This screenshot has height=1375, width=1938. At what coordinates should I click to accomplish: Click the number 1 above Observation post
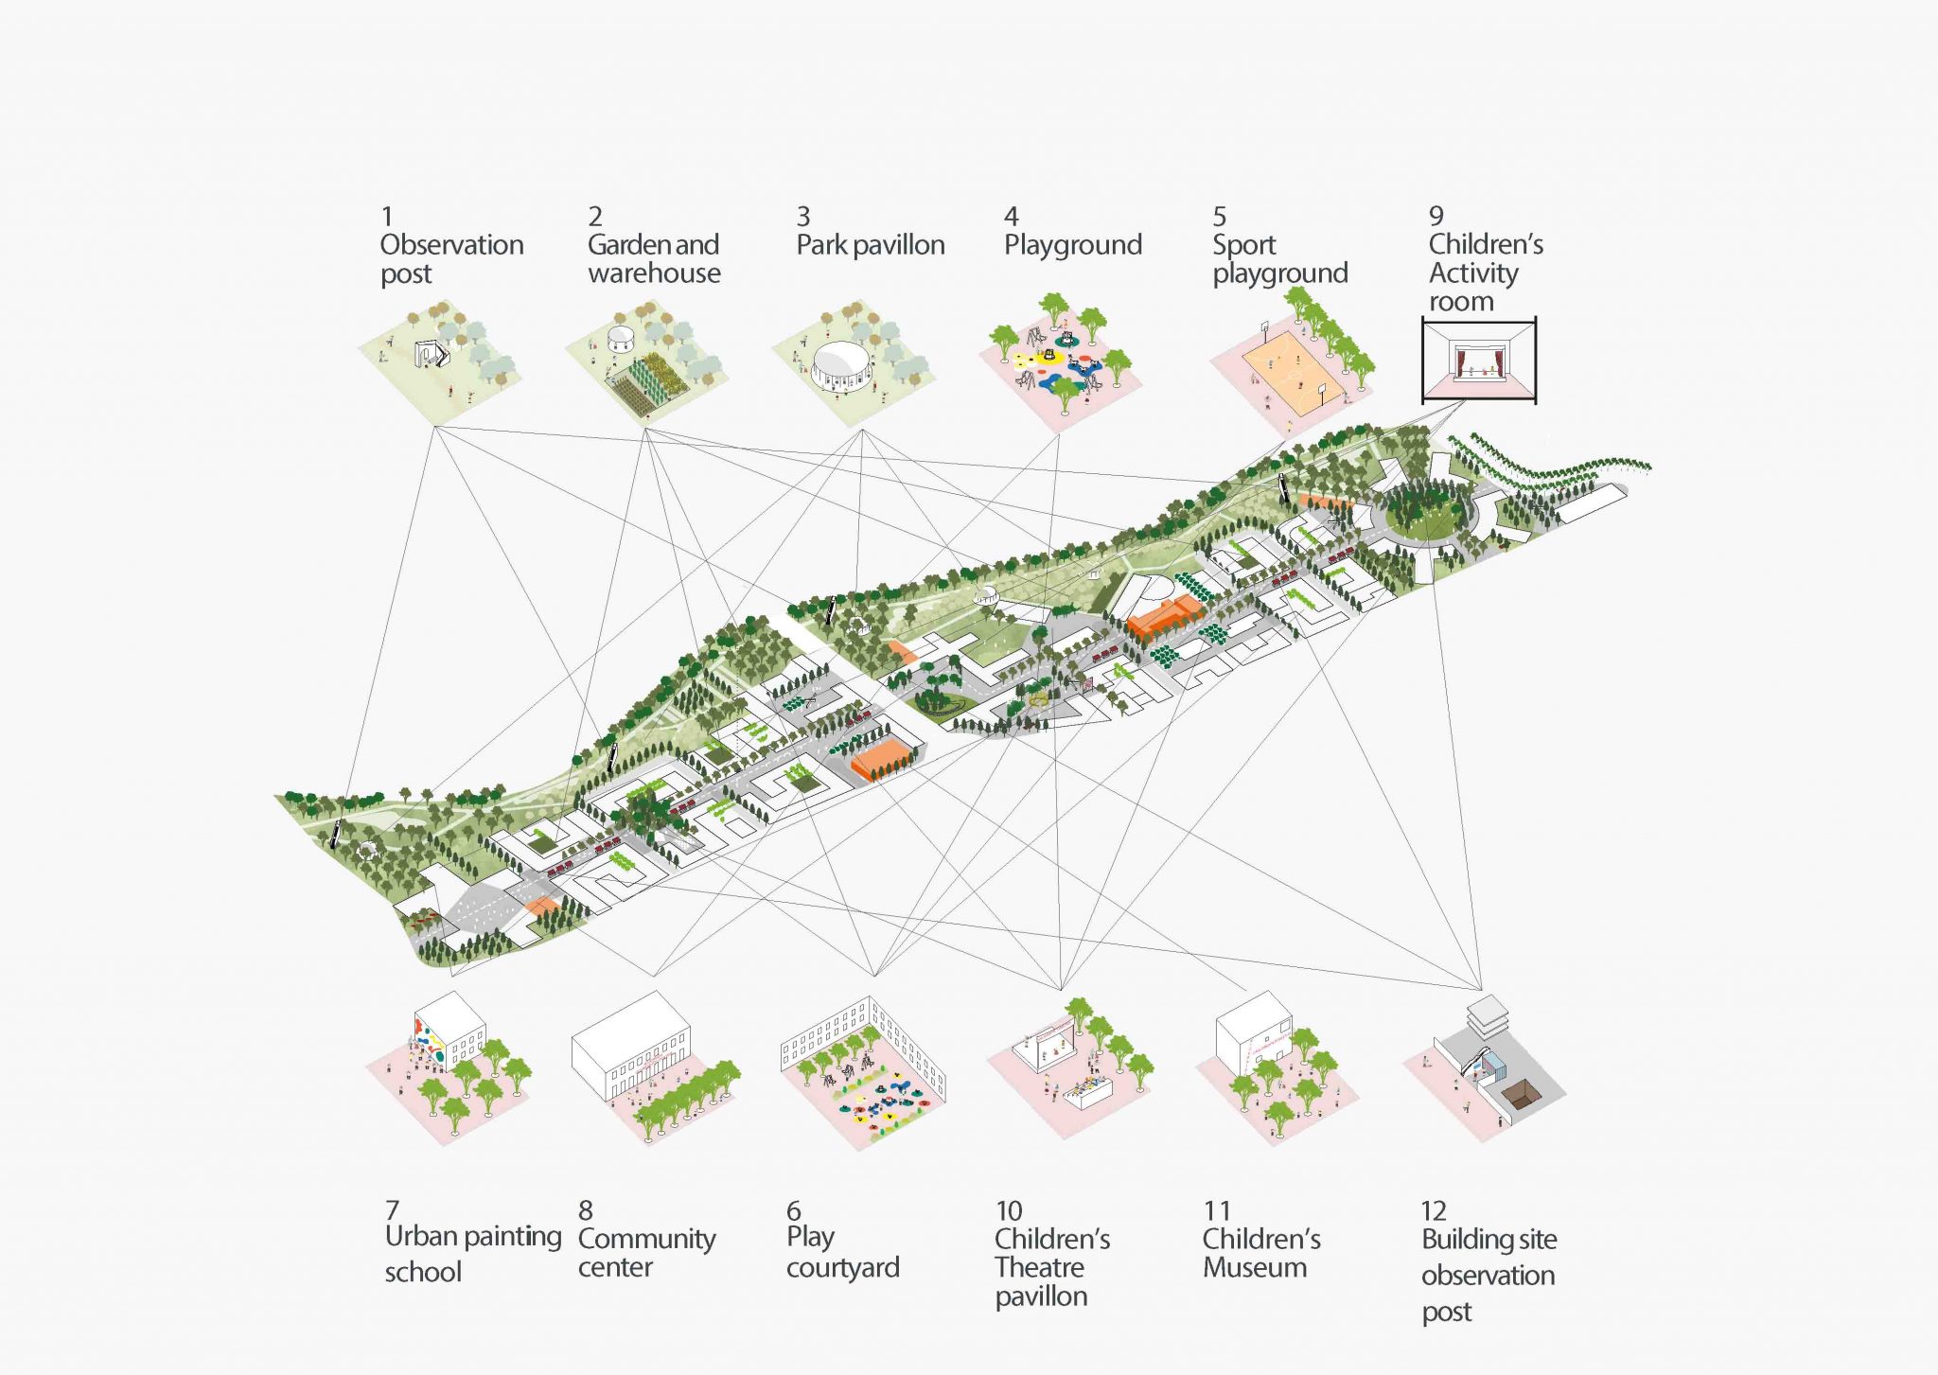(386, 217)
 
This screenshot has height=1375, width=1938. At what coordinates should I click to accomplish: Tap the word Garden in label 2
(625, 245)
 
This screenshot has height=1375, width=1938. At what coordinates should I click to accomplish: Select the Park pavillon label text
(870, 245)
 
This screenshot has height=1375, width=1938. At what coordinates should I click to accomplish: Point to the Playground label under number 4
(1072, 245)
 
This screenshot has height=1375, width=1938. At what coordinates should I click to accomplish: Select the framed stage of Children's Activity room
(1478, 361)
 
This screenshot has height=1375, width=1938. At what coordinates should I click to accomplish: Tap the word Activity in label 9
(1472, 273)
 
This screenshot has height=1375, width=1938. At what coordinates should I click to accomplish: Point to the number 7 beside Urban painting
(392, 1210)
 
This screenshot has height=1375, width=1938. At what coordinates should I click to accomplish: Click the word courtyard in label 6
(842, 1267)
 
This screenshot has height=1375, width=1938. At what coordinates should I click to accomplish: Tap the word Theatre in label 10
(1039, 1267)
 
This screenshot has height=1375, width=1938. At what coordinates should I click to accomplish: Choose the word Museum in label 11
(1254, 1267)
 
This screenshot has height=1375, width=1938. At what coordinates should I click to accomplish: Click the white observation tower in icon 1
(432, 353)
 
